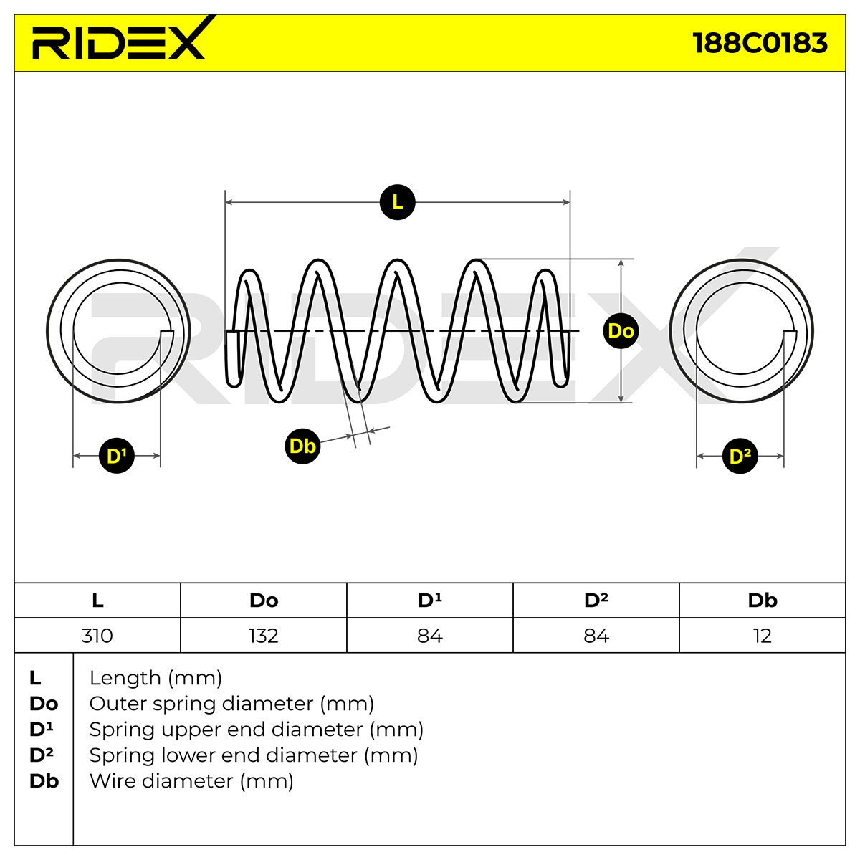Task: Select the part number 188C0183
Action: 760,43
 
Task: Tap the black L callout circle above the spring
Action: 397,202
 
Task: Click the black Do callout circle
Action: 621,330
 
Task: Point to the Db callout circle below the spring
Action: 302,446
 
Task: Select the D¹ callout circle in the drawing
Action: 117,456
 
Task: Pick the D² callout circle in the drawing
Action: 740,456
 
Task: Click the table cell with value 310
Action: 97,635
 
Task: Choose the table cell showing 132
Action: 264,635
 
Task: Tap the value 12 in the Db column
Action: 763,635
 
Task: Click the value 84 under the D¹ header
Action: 430,635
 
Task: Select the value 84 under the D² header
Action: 596,635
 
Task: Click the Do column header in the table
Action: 264,601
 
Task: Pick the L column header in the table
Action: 97,601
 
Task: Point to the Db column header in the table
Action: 763,601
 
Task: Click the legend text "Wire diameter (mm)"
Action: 191,781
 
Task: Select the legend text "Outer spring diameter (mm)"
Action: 231,704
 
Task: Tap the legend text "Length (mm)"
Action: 156,678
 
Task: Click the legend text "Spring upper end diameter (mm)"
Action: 256,730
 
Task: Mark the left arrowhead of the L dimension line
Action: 229,202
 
